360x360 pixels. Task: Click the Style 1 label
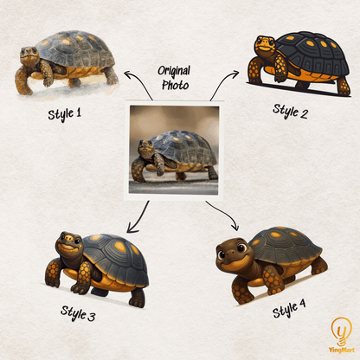tap(64, 114)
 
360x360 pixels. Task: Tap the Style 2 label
tap(290, 112)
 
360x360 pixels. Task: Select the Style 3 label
tap(78, 313)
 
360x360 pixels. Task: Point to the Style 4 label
tap(289, 308)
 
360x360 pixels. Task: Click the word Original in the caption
tap(174, 71)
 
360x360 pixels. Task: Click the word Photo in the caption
tap(175, 85)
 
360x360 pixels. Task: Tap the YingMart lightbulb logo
tap(342, 335)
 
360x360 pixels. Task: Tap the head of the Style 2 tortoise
tap(266, 46)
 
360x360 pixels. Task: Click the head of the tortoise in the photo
tap(146, 145)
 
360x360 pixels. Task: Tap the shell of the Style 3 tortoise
tap(114, 259)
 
